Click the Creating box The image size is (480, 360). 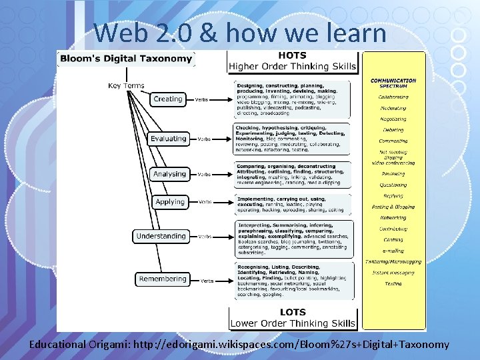click(x=167, y=99)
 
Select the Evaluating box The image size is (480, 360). click(x=168, y=139)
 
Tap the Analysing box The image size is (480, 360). click(x=169, y=174)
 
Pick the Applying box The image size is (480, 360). click(x=170, y=202)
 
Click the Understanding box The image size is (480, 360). click(x=161, y=236)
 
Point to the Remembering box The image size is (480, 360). click(x=163, y=279)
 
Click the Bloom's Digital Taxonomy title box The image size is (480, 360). click(x=126, y=59)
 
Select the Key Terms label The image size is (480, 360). click(x=126, y=85)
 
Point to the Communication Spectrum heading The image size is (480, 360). click(x=393, y=83)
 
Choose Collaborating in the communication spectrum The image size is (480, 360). click(x=393, y=97)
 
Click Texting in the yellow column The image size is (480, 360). click(x=393, y=283)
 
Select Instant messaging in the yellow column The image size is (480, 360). click(x=393, y=273)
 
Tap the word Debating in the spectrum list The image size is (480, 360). click(x=393, y=130)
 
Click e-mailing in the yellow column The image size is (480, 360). click(x=393, y=251)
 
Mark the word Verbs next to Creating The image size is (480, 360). click(x=201, y=100)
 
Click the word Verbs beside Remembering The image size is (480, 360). click(x=207, y=281)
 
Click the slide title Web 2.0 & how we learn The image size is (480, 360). click(x=240, y=32)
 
